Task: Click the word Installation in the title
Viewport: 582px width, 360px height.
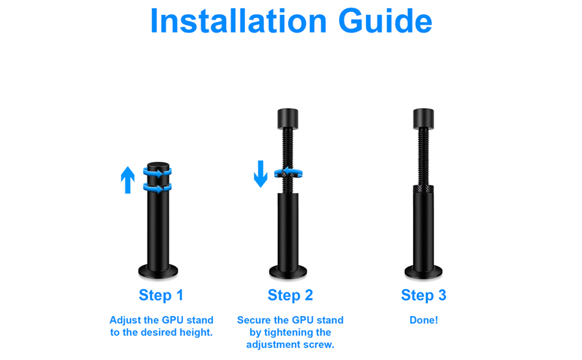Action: (x=238, y=21)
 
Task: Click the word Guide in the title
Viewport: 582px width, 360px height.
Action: (x=385, y=21)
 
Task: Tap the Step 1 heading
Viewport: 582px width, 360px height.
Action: (x=161, y=295)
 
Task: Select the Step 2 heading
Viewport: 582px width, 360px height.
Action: (x=290, y=295)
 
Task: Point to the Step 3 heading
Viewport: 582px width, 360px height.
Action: (x=424, y=295)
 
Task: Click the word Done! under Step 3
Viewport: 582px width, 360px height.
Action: (x=424, y=320)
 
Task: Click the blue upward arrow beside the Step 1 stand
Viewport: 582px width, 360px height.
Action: (x=128, y=180)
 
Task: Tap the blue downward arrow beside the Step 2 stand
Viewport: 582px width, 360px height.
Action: (x=260, y=173)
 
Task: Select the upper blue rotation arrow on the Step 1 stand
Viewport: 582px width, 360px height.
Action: (x=157, y=173)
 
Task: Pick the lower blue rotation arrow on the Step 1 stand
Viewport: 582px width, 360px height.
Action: (x=157, y=188)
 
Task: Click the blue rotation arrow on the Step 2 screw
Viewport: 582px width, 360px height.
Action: (x=289, y=173)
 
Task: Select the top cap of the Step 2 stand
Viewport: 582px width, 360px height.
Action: (x=288, y=119)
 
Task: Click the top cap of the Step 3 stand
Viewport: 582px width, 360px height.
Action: (x=424, y=119)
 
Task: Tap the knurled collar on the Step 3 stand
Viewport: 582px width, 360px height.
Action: (x=424, y=189)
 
